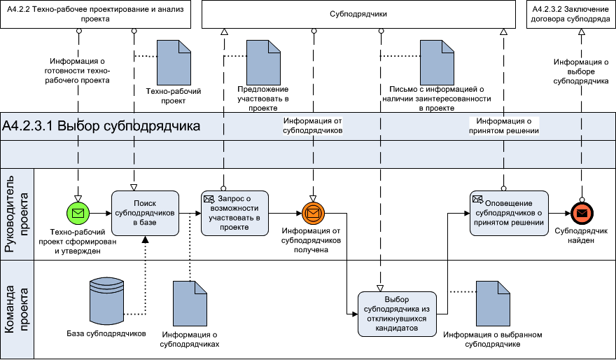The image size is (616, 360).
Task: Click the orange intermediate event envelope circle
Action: tap(312, 212)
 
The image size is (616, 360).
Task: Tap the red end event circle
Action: tap(581, 212)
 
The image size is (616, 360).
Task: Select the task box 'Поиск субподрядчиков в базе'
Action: tap(145, 212)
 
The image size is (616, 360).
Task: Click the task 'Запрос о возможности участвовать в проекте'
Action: tap(234, 213)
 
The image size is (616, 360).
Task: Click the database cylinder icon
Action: tap(106, 298)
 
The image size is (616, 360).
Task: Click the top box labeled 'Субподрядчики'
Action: tap(358, 14)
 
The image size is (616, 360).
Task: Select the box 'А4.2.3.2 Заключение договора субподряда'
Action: tap(570, 14)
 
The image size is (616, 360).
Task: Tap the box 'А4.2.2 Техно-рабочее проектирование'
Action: tap(96, 14)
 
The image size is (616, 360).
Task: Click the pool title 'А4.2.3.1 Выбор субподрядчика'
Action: tap(101, 126)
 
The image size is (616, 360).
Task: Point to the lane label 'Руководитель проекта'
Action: tap(17, 214)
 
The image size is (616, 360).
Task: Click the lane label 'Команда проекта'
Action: tap(17, 310)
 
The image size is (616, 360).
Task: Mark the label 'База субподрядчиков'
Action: tap(106, 333)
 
